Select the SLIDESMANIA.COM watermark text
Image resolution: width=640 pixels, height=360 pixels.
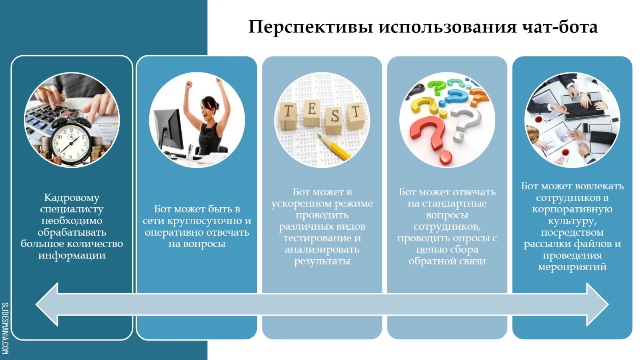(5, 328)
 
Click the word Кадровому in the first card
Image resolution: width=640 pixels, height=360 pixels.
(72, 198)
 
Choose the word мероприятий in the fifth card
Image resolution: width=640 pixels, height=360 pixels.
(572, 267)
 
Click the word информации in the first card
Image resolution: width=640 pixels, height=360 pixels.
(72, 256)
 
